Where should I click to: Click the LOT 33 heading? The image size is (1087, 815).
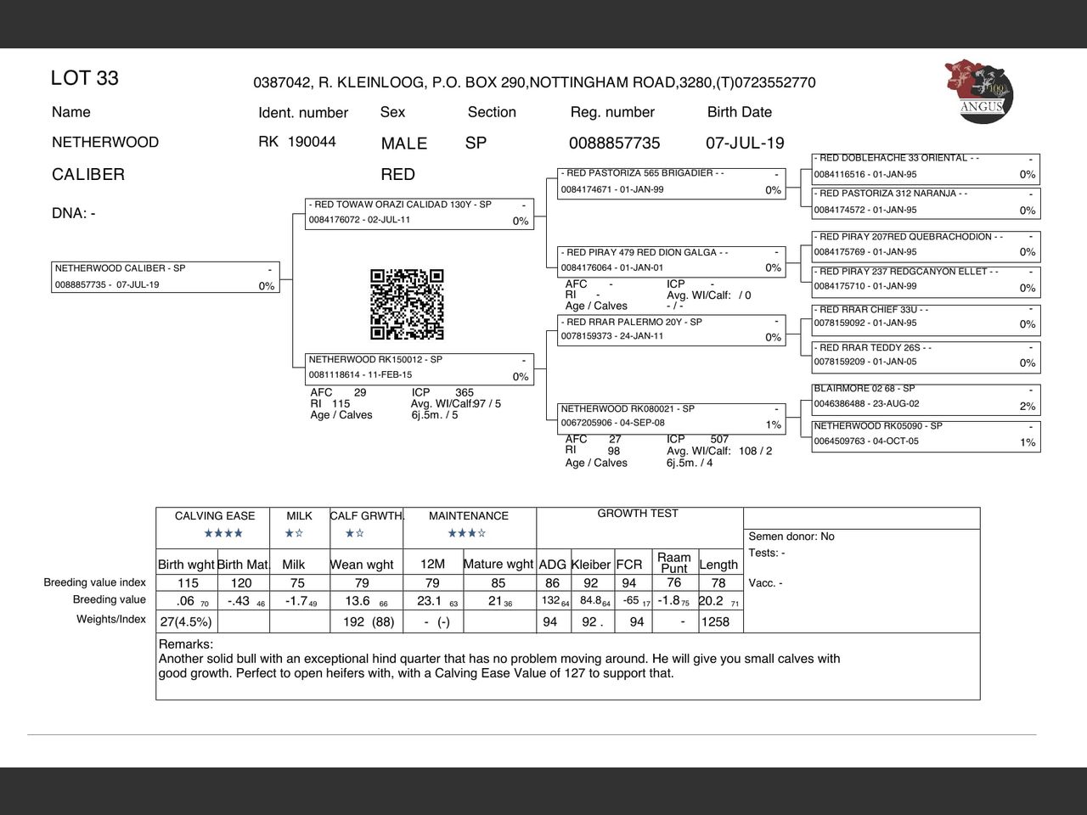85,78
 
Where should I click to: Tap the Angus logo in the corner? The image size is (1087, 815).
979,91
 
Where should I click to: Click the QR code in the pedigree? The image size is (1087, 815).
407,304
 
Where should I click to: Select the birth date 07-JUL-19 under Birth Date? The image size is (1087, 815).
745,143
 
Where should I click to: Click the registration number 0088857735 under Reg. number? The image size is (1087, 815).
614,143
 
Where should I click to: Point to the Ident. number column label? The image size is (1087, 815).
303,112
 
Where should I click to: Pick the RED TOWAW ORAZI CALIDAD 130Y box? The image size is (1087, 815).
420,213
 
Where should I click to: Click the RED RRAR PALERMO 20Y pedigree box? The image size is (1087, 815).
672,329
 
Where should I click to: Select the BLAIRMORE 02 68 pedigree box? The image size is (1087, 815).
926,397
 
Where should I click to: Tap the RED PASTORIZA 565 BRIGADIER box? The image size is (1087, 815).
672,182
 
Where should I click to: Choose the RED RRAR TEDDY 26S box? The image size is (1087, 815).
926,356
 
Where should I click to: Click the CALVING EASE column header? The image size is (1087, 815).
215,515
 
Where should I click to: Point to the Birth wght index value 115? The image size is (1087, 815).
188,583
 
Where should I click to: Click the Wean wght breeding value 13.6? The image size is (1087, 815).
358,601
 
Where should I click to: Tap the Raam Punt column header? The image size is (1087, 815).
673,563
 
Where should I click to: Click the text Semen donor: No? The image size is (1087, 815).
791,537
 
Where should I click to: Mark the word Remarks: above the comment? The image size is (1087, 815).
186,644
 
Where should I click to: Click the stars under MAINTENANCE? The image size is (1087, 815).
467,533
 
